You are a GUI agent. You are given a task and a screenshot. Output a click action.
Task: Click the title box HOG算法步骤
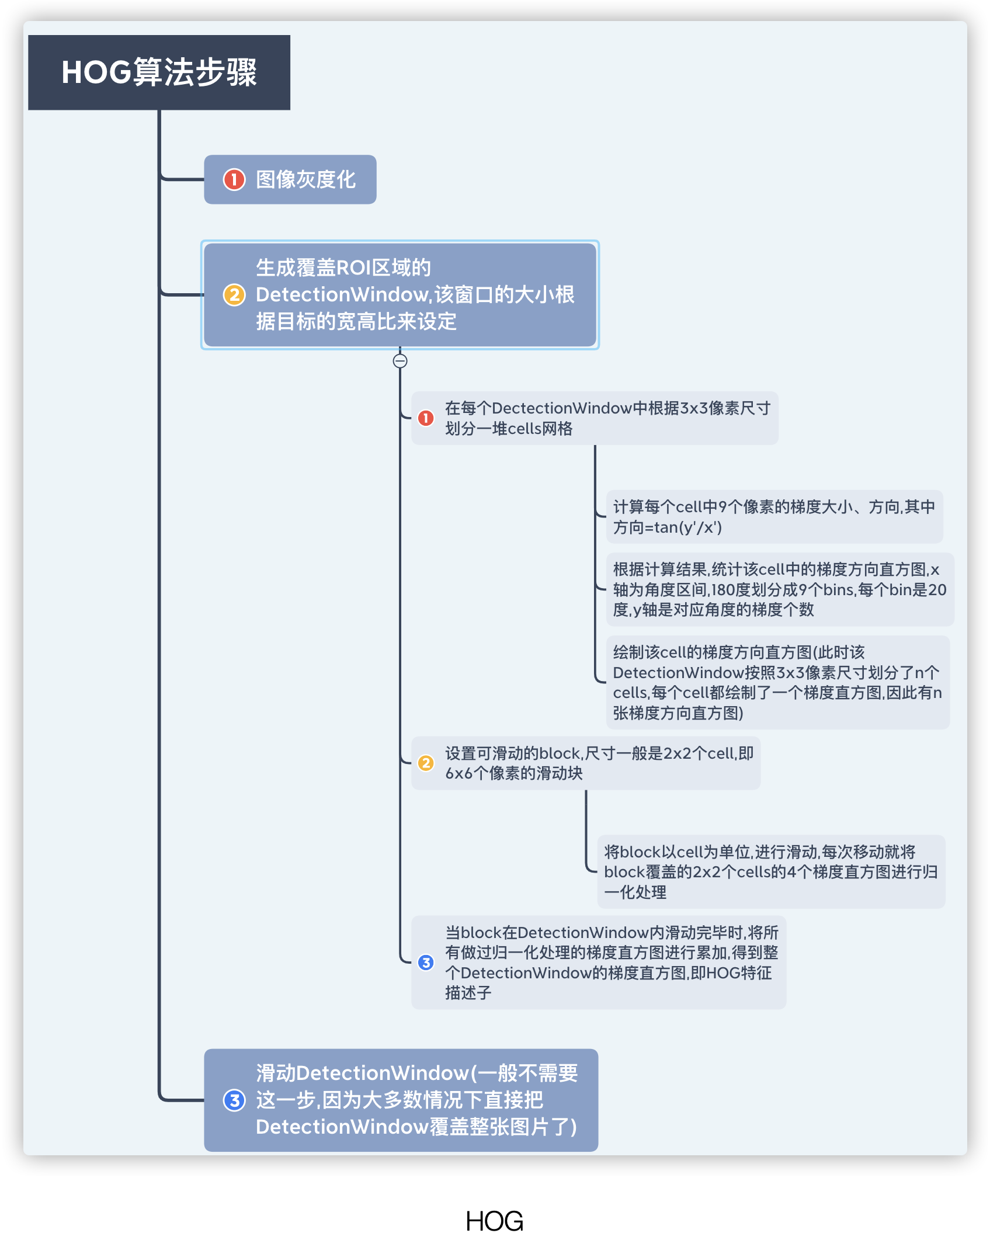click(159, 72)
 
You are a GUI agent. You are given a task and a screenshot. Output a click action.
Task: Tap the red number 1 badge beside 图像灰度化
click(234, 179)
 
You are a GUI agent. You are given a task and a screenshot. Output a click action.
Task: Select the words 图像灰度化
click(305, 179)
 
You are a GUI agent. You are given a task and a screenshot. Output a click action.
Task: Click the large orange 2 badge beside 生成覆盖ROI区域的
click(234, 295)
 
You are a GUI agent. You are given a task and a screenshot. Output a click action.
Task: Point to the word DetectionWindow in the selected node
click(343, 295)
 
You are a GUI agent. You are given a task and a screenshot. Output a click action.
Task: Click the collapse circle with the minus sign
click(400, 361)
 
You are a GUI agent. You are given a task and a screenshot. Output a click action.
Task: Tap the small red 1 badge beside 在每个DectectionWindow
click(426, 418)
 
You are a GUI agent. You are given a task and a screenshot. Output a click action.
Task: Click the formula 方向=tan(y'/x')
click(667, 527)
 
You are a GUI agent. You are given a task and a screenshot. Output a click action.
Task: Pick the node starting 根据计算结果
click(780, 589)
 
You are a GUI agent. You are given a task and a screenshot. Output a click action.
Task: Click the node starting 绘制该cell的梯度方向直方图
click(777, 682)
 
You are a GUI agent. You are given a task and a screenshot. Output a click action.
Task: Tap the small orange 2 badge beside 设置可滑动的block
click(426, 763)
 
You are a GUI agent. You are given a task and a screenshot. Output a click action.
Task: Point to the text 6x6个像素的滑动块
click(514, 773)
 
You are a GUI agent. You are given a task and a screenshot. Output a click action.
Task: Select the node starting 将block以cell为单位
click(771, 871)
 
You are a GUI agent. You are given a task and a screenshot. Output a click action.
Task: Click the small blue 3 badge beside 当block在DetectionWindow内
click(426, 963)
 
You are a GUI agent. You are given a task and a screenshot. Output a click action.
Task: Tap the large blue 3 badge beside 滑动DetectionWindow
click(234, 1100)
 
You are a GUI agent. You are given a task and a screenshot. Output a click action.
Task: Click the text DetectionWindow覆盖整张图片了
click(416, 1127)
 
